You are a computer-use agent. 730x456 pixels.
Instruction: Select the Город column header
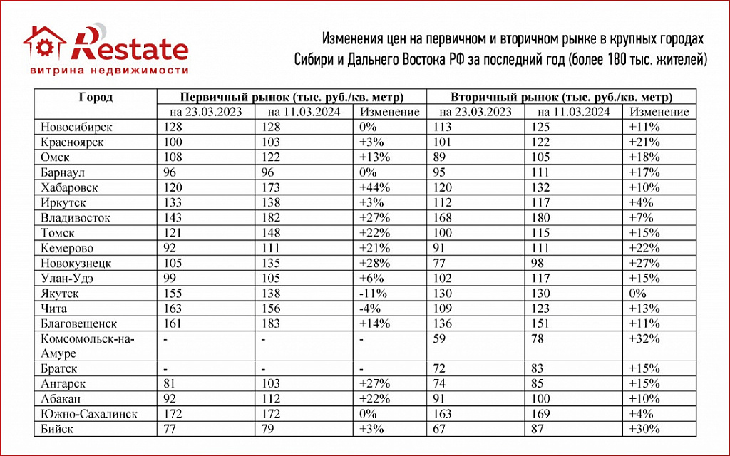pyautogui.click(x=96, y=98)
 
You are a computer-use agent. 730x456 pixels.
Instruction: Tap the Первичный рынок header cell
pyautogui.click(x=292, y=98)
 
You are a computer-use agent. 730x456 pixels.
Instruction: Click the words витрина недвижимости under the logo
pyautogui.click(x=109, y=71)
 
